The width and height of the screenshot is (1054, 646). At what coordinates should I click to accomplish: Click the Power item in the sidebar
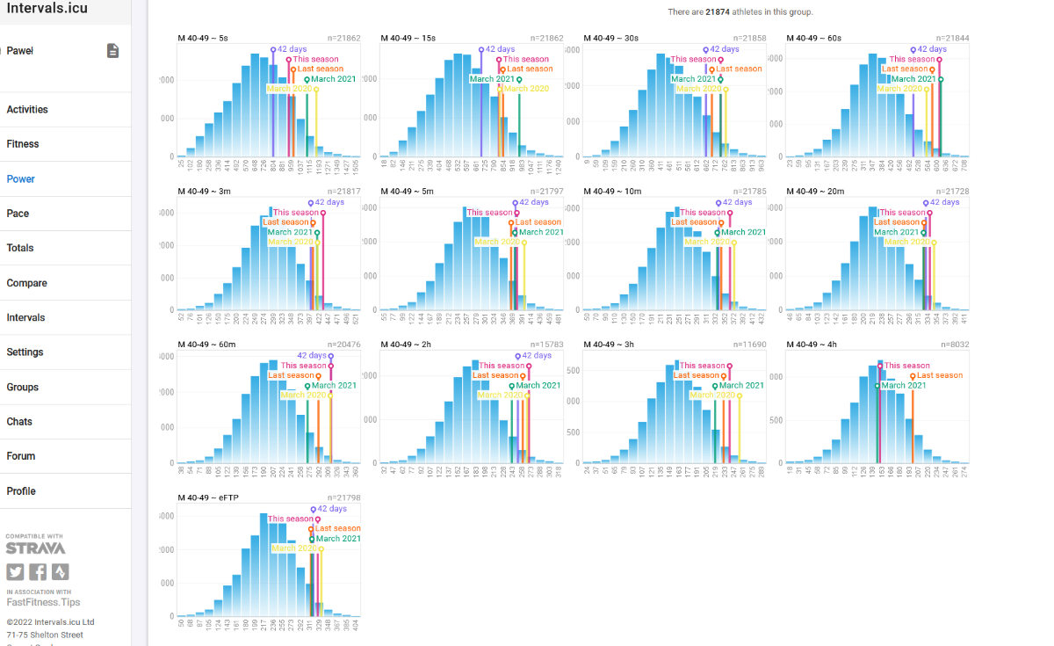(x=21, y=178)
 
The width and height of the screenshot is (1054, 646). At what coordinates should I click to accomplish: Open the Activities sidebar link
(x=27, y=110)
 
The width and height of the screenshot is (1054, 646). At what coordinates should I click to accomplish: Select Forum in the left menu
(x=21, y=456)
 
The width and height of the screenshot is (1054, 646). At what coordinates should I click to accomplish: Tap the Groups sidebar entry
(x=23, y=387)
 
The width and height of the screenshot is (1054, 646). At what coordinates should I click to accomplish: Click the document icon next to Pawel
(x=112, y=51)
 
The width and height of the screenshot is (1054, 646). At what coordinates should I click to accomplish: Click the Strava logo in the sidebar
(x=35, y=548)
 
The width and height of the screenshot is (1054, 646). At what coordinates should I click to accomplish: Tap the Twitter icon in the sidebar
(x=15, y=572)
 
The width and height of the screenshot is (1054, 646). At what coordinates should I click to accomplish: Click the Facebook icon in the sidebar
(x=38, y=572)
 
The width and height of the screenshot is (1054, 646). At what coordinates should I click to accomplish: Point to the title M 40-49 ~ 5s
(x=203, y=39)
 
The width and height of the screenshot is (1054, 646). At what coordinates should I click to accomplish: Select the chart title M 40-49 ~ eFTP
(x=207, y=497)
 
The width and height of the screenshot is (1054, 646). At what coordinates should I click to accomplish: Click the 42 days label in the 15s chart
(x=500, y=49)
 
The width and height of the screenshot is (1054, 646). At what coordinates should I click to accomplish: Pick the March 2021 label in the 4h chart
(x=903, y=385)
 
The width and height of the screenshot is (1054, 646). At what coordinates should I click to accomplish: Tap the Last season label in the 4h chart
(x=940, y=375)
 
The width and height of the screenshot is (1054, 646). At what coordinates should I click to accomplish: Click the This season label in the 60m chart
(x=304, y=366)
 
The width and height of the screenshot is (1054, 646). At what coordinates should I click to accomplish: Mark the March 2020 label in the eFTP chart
(x=294, y=548)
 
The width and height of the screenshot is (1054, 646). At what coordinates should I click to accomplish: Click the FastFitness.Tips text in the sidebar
(x=43, y=602)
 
